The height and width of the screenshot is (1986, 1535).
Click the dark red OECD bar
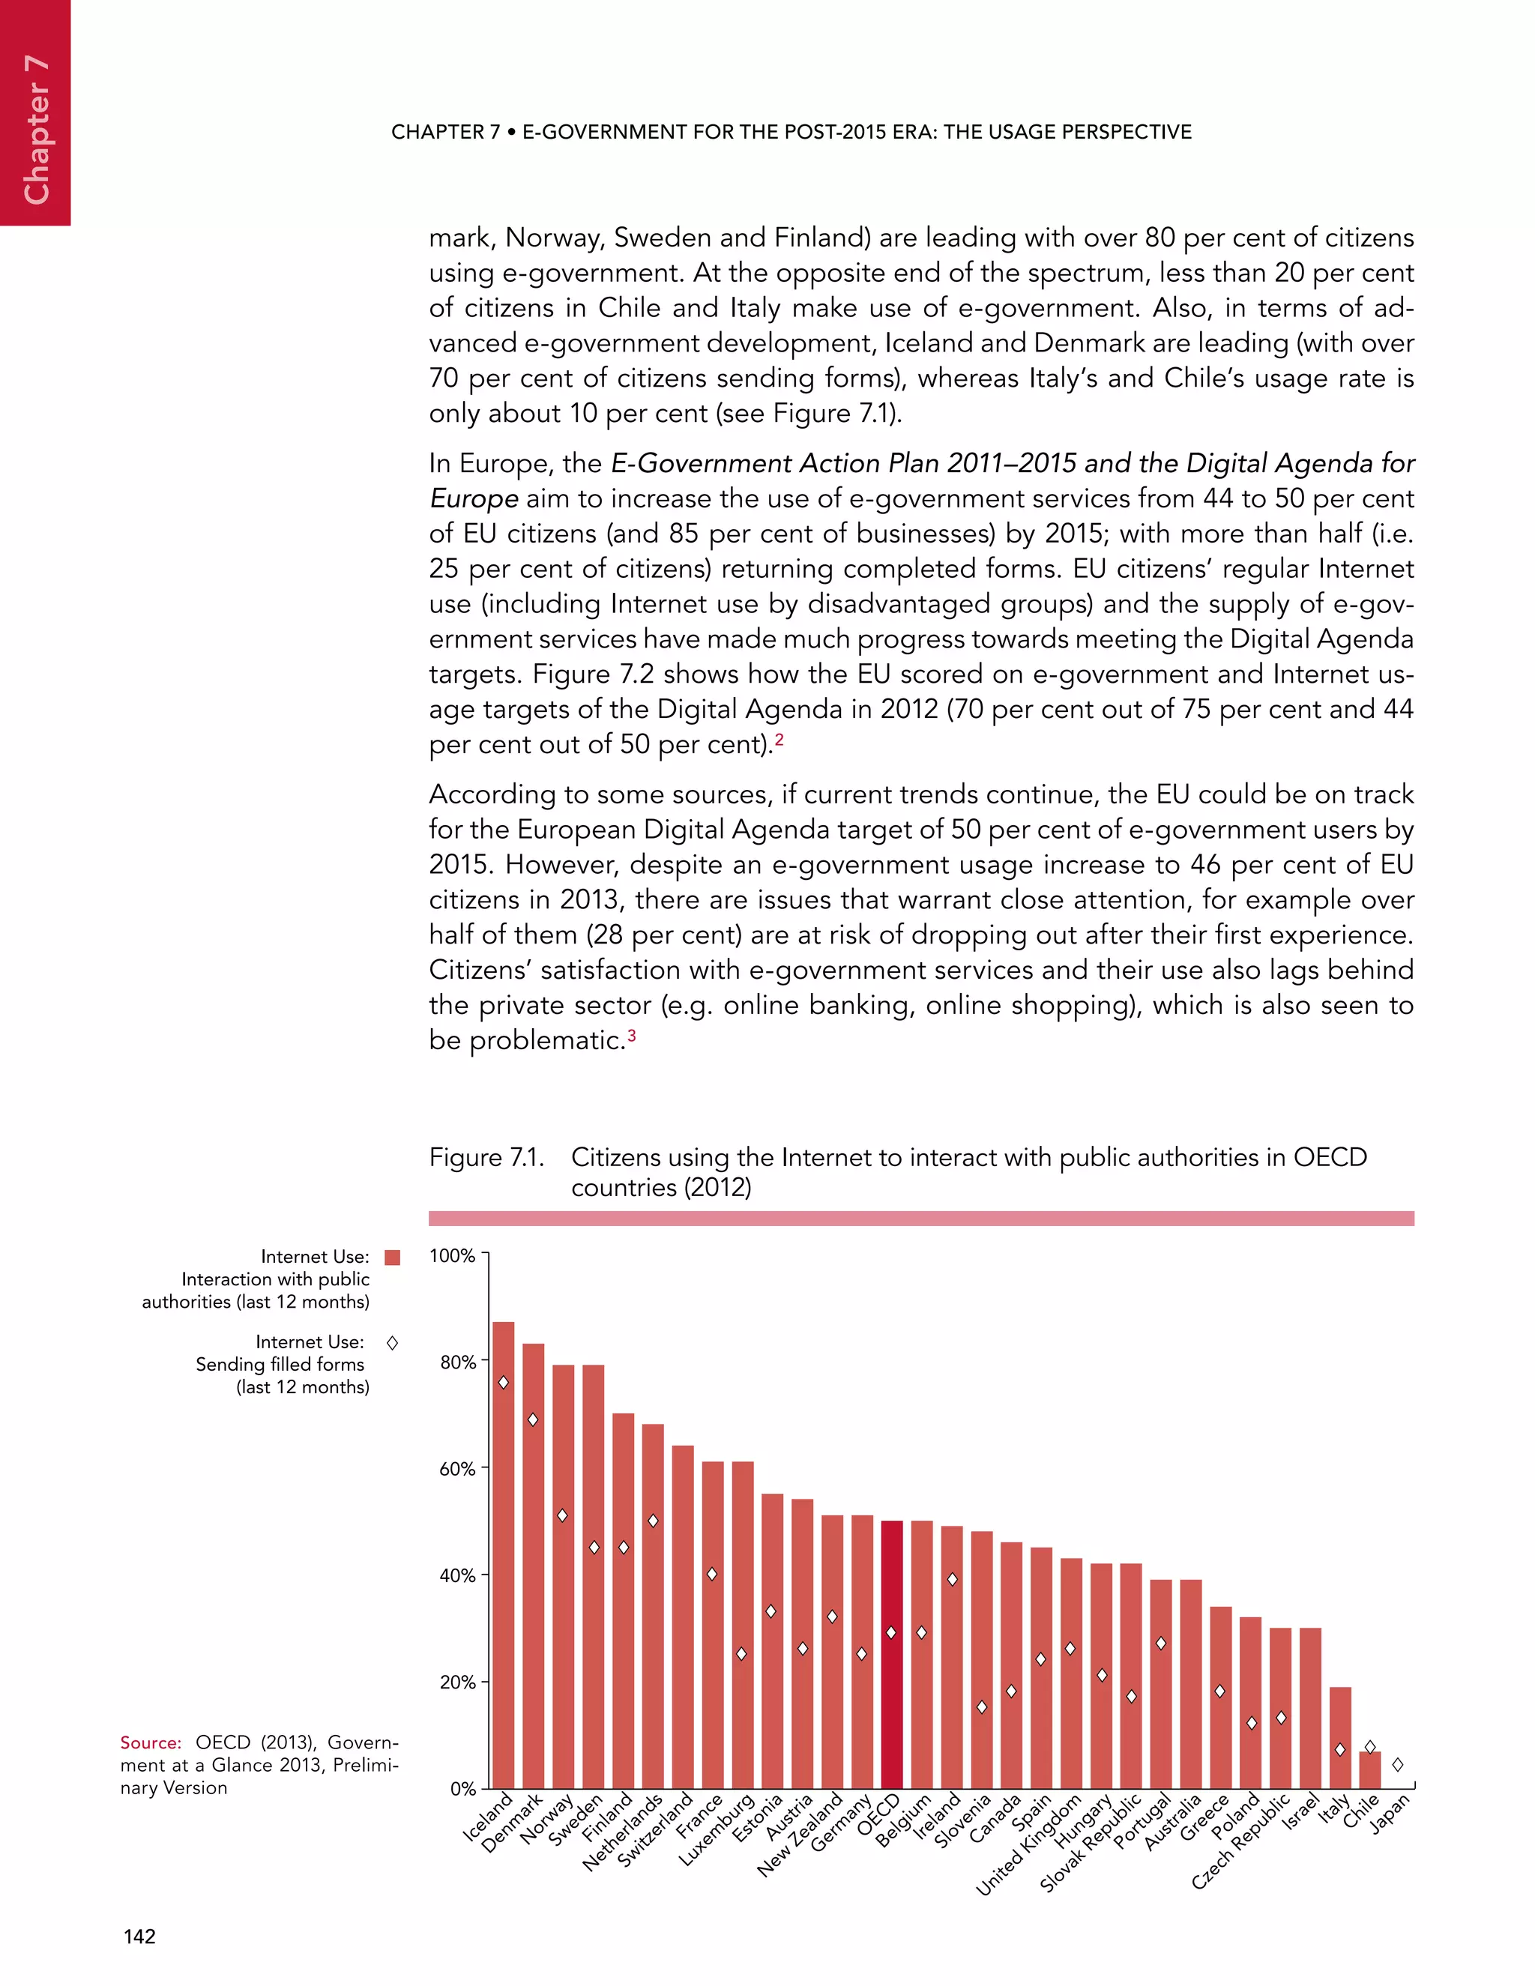(892, 1655)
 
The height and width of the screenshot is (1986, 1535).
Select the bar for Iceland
(503, 1555)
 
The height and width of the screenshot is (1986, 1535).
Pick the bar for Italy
(1339, 1738)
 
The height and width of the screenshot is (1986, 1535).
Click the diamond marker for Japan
(1398, 1765)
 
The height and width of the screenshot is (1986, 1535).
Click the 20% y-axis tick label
(457, 1682)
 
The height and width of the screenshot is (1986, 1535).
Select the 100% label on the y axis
(452, 1256)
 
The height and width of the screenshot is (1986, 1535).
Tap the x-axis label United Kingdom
(1028, 1846)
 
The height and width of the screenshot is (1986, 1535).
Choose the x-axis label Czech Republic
(1240, 1842)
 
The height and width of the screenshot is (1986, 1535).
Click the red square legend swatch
(393, 1258)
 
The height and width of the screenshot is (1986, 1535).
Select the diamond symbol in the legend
(393, 1343)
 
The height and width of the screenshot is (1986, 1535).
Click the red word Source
(151, 1743)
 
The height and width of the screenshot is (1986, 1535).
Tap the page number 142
(139, 1937)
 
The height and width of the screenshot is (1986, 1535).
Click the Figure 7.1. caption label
(486, 1158)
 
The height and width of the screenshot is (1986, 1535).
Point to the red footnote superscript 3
(631, 1035)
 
